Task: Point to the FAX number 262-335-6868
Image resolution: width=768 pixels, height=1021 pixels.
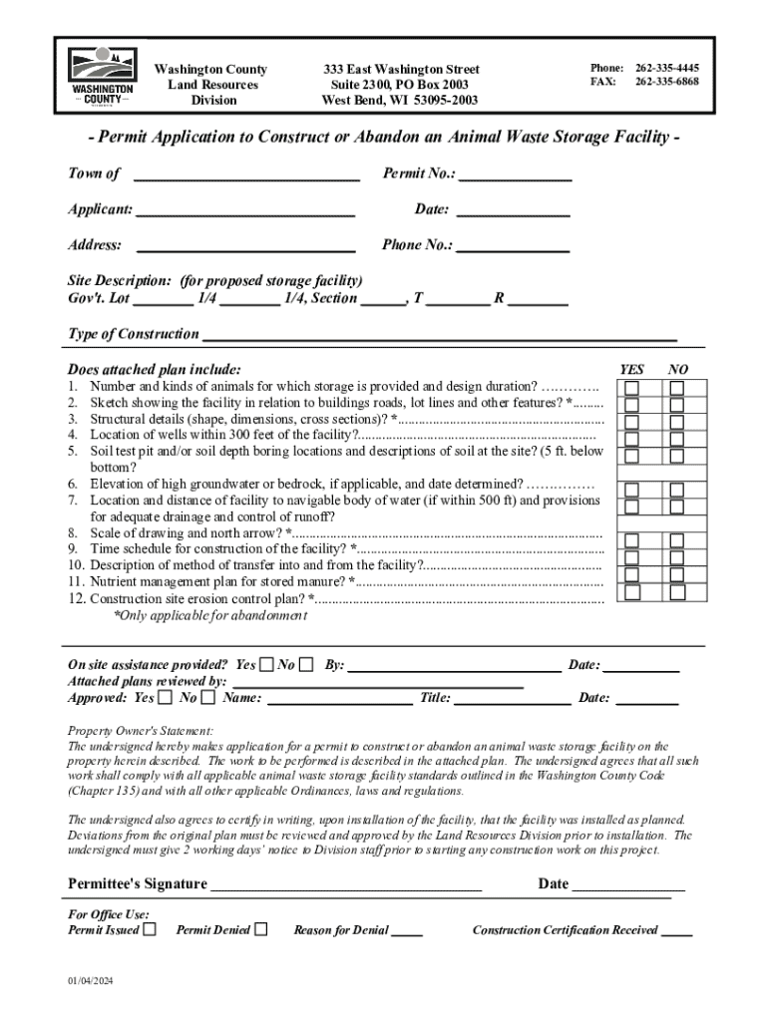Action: pos(666,82)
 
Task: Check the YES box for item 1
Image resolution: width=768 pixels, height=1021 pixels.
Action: pos(631,388)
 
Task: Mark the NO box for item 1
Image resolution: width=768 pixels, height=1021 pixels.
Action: pos(677,388)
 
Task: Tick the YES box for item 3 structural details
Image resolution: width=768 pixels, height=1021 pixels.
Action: pos(631,422)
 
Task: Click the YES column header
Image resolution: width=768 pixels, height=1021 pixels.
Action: pos(631,370)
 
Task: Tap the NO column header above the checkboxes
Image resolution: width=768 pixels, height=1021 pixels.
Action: pos(678,370)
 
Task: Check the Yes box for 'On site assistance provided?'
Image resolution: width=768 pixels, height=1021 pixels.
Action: pos(266,665)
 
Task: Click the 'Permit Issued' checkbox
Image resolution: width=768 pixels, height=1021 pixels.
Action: pos(150,929)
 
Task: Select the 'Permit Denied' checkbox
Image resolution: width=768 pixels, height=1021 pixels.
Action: pos(261,929)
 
